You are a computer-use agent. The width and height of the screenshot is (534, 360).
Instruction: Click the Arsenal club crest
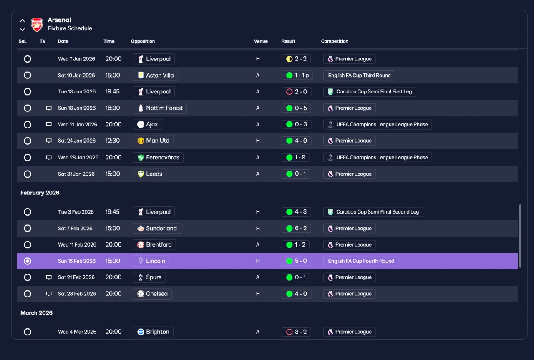37,25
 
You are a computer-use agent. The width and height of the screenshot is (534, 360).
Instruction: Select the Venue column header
261,41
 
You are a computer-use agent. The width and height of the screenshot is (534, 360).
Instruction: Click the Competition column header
335,41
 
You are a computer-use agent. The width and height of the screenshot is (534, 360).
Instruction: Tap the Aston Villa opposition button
156,76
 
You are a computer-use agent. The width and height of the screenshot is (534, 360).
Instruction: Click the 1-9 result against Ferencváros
296,157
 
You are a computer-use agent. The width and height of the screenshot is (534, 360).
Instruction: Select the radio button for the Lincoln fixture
28,261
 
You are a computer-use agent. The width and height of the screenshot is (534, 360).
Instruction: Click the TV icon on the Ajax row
49,124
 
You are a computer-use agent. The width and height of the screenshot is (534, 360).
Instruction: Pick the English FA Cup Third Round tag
359,76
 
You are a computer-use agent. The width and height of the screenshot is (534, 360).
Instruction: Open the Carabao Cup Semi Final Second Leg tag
373,212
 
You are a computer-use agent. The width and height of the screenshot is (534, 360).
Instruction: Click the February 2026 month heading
40,193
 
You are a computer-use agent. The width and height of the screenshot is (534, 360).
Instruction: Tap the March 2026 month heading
36,313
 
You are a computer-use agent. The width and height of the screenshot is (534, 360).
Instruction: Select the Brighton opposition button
153,332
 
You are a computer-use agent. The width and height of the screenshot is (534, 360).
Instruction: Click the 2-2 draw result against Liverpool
296,59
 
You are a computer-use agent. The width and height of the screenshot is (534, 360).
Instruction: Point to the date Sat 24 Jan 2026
77,141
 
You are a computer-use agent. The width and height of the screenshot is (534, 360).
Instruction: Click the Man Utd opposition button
153,141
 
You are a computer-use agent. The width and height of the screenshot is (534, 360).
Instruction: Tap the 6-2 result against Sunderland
296,229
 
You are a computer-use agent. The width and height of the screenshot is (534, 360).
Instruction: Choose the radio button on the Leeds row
28,174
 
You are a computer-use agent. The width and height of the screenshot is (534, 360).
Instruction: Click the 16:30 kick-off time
113,108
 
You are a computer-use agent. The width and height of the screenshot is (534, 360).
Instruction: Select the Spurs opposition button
149,277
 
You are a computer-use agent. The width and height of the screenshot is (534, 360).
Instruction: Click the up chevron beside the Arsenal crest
23,20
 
